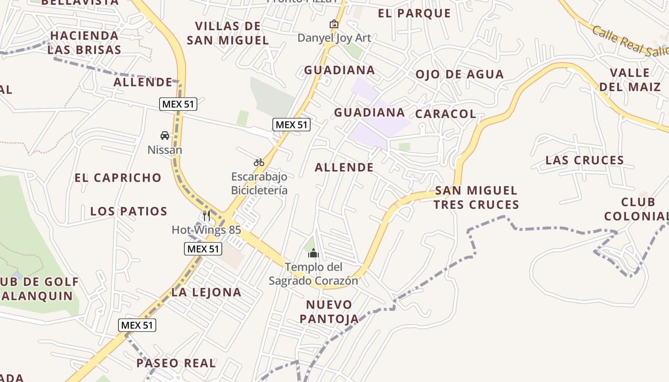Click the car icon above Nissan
pyautogui.click(x=165, y=136)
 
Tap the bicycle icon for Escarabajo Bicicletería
pyautogui.click(x=259, y=162)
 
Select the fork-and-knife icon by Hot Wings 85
pyautogui.click(x=206, y=215)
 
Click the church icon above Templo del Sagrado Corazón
pyautogui.click(x=313, y=253)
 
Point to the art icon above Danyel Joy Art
pyautogui.click(x=334, y=24)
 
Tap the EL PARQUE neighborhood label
pyautogui.click(x=414, y=13)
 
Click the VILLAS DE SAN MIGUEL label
pyautogui.click(x=227, y=33)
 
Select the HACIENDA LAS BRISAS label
pyautogui.click(x=84, y=42)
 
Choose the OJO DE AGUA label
pyautogui.click(x=459, y=74)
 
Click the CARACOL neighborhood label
pyautogui.click(x=445, y=114)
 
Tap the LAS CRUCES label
pyautogui.click(x=584, y=160)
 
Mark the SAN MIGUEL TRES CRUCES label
pyautogui.click(x=476, y=198)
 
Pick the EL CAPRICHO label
pyautogui.click(x=118, y=178)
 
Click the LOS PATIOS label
pyautogui.click(x=129, y=211)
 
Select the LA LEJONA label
pyautogui.click(x=206, y=292)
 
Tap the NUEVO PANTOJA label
pyautogui.click(x=329, y=311)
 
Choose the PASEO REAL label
pyautogui.click(x=176, y=363)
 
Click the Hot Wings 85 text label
pyautogui.click(x=206, y=230)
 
